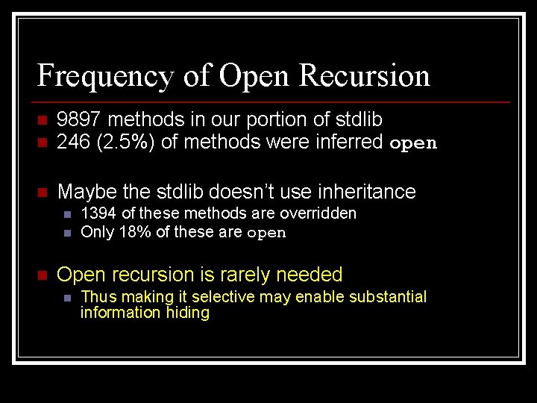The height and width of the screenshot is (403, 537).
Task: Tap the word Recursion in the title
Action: click(x=364, y=76)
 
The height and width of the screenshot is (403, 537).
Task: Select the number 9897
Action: click(x=79, y=119)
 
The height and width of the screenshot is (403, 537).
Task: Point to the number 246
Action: click(x=72, y=142)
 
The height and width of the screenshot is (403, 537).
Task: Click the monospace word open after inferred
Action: click(x=413, y=143)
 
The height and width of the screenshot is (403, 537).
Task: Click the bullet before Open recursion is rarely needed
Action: click(x=42, y=275)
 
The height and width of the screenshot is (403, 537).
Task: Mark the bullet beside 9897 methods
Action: click(x=42, y=120)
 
